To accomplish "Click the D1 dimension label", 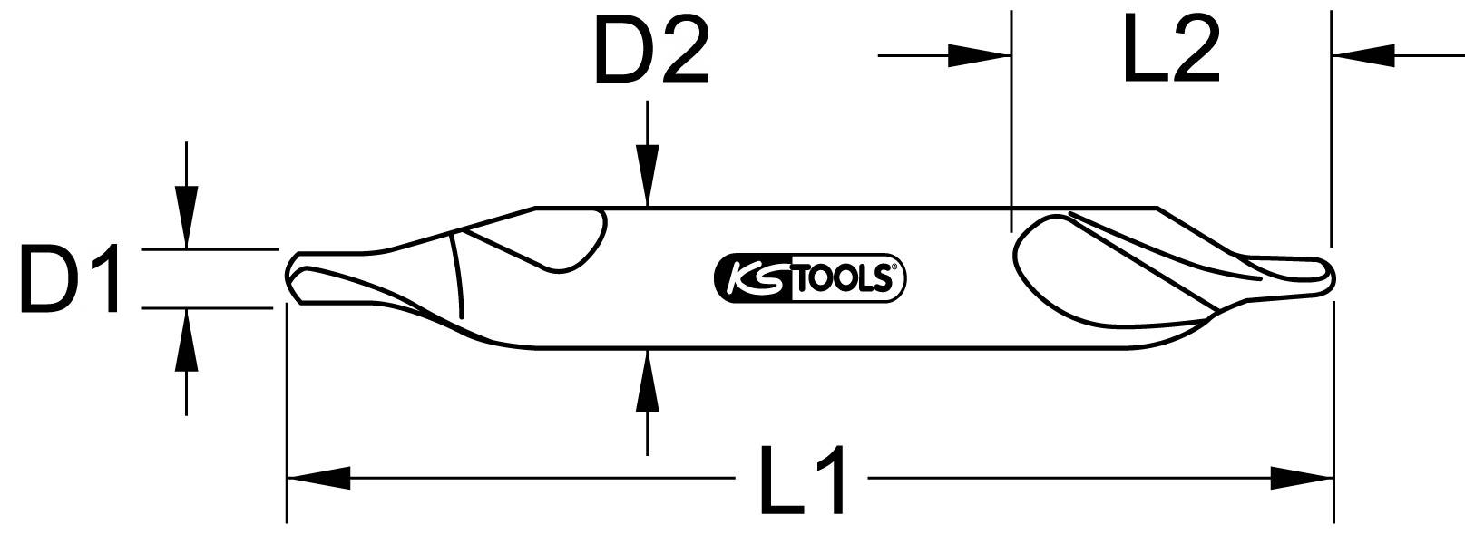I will [x=71, y=282].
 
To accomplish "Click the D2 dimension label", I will [x=649, y=54].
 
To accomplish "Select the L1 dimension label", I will [x=804, y=481].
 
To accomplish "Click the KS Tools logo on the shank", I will [x=810, y=277].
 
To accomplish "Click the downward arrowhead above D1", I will [x=186, y=219].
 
